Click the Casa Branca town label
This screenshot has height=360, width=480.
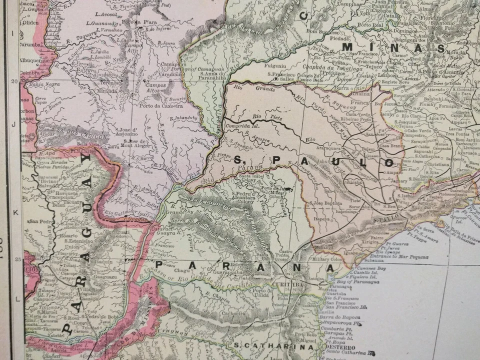(386, 138)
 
